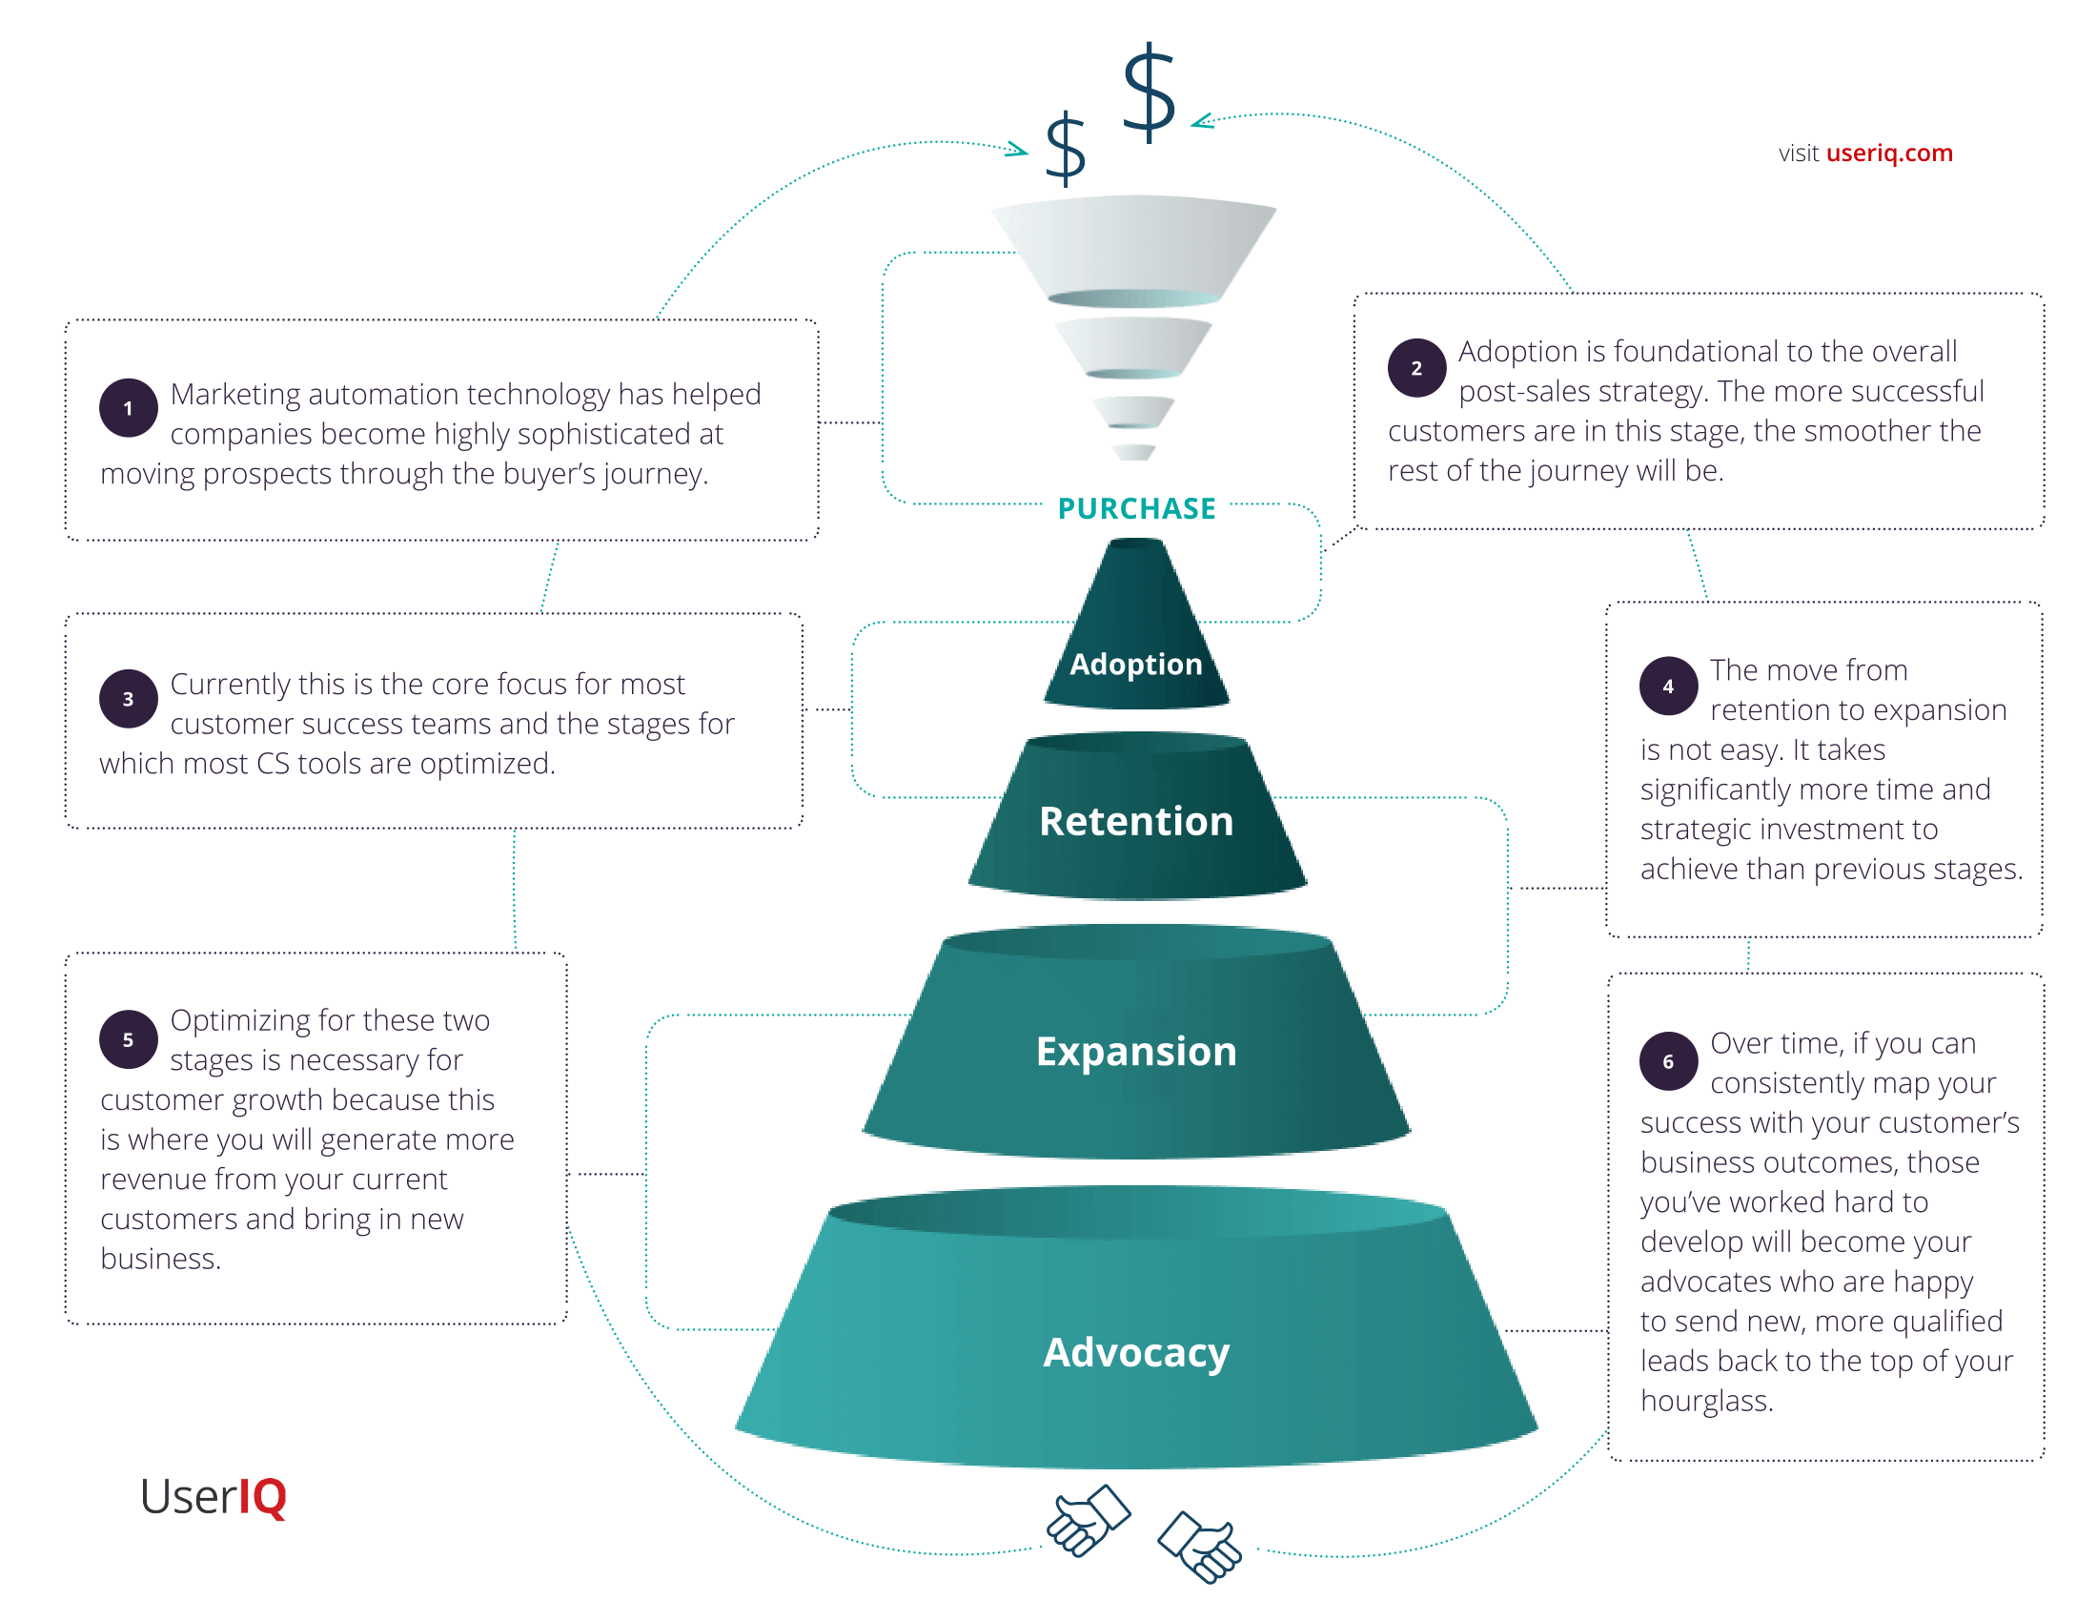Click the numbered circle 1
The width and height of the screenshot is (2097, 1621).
(129, 408)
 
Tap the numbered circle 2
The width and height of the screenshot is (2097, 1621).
(1416, 368)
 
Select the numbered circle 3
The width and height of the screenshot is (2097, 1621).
(129, 699)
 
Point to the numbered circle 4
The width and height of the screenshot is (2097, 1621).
(1669, 686)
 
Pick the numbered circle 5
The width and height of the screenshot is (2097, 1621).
(129, 1040)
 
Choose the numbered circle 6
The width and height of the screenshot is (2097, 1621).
(1669, 1061)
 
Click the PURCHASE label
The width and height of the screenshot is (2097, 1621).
(1137, 508)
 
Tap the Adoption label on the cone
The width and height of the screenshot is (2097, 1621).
(1136, 665)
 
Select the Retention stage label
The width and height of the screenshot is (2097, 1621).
(1136, 821)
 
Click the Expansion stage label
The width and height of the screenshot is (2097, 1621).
(1136, 1052)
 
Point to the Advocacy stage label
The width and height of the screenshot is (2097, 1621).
(1136, 1353)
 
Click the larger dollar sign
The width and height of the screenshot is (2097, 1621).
(1149, 92)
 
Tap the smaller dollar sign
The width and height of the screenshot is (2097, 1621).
(1065, 149)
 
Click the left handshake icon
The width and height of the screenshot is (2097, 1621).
(1088, 1520)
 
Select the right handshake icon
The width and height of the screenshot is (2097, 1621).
(1200, 1547)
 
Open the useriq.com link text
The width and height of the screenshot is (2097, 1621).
(1888, 153)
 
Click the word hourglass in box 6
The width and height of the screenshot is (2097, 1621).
(1706, 1401)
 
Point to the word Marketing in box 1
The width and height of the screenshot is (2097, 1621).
(234, 395)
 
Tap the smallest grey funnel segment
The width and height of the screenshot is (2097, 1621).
(1134, 452)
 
